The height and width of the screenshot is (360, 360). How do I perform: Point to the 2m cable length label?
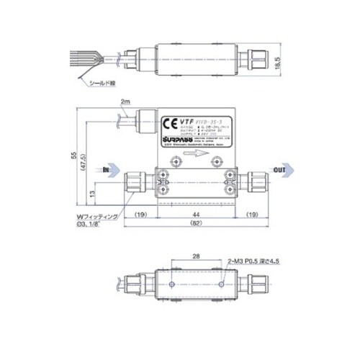(127, 102)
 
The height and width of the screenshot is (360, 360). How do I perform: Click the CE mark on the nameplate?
(173, 122)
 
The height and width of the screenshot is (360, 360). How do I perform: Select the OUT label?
(279, 170)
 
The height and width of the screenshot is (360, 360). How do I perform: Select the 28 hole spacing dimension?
(197, 256)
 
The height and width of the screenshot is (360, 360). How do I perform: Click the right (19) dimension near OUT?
(254, 215)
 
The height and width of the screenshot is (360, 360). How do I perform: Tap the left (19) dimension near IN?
(140, 215)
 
